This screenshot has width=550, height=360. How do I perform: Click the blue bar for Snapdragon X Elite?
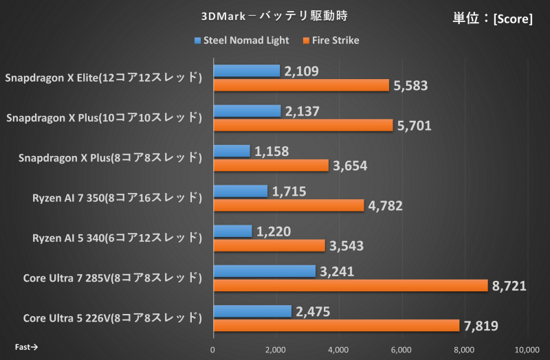247,71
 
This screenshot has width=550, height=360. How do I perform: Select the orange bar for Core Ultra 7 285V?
350,285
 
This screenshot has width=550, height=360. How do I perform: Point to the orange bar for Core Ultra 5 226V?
336,325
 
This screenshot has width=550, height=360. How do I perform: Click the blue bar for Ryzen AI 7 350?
241,191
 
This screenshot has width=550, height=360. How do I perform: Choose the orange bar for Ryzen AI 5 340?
269,245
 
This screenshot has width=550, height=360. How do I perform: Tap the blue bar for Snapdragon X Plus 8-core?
232,151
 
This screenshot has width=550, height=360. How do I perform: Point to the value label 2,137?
303,111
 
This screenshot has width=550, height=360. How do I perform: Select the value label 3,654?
351,166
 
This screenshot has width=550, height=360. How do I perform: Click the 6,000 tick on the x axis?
401,349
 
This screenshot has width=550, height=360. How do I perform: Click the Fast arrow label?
25,347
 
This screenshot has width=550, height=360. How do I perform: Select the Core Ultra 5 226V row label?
112,318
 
